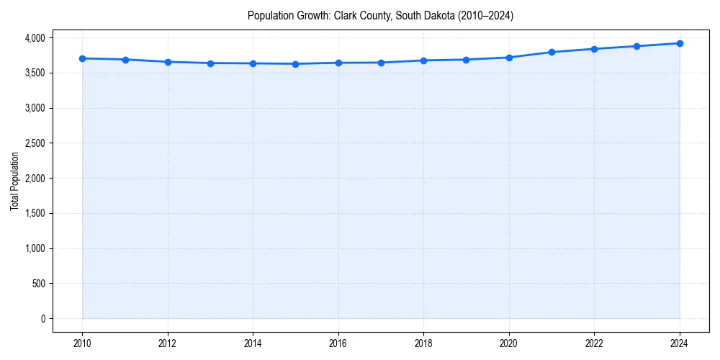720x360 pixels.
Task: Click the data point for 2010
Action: tap(83, 58)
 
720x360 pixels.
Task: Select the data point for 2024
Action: tap(680, 43)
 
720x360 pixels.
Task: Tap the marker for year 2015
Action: tap(296, 64)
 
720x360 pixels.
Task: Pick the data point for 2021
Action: tap(552, 52)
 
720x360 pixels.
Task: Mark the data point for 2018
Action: tap(424, 60)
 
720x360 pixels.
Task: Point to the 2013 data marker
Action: tap(210, 63)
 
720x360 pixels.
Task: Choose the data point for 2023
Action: tap(637, 46)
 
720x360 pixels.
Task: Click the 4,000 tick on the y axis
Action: tap(34, 37)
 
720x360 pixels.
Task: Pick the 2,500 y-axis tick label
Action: tap(34, 143)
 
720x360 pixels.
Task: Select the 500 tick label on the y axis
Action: tap(38, 284)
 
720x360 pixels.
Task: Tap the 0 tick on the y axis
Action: tap(42, 319)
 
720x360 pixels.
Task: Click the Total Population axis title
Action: tap(14, 181)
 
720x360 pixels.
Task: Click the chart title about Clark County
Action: tap(380, 15)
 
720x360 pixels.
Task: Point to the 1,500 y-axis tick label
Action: tap(34, 214)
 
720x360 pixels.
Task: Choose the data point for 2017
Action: tap(381, 63)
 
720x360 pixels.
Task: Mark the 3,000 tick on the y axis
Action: tap(34, 108)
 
